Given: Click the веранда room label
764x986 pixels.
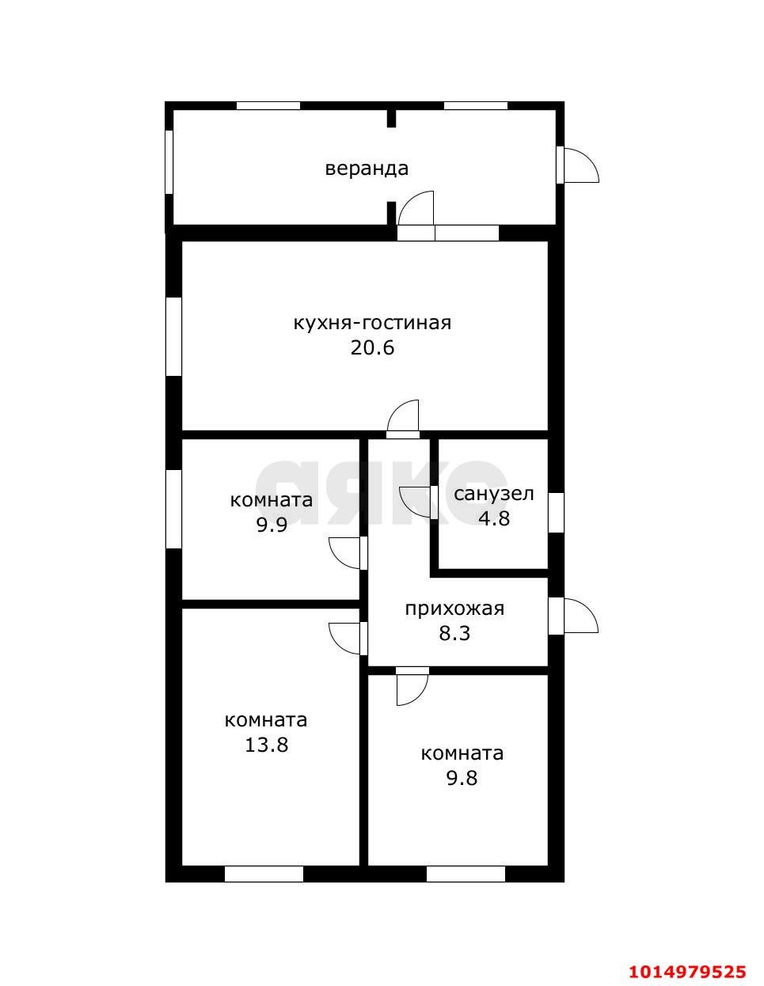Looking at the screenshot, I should pyautogui.click(x=367, y=169).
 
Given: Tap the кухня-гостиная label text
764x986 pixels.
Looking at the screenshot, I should pyautogui.click(x=372, y=323).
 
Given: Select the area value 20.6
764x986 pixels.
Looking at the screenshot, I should pyautogui.click(x=372, y=347).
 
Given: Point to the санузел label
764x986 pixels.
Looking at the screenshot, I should pyautogui.click(x=494, y=494).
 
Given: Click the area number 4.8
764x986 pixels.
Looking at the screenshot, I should pyautogui.click(x=494, y=518).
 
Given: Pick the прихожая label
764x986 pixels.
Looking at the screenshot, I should pyautogui.click(x=454, y=609).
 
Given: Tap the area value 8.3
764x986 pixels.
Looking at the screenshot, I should pyautogui.click(x=454, y=633).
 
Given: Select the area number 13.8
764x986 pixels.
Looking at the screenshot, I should pyautogui.click(x=266, y=745).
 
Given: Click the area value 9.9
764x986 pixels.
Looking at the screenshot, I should pyautogui.click(x=271, y=525).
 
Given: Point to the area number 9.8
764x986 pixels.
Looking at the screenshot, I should pyautogui.click(x=462, y=778).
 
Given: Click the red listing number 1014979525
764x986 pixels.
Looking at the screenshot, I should pyautogui.click(x=687, y=971).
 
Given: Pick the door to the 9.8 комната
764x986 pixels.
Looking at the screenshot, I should pyautogui.click(x=412, y=685).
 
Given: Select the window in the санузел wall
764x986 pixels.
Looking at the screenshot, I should pyautogui.click(x=556, y=512).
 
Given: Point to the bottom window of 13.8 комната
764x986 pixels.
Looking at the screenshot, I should pyautogui.click(x=264, y=874).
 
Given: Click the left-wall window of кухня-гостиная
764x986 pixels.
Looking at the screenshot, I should pyautogui.click(x=173, y=336).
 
